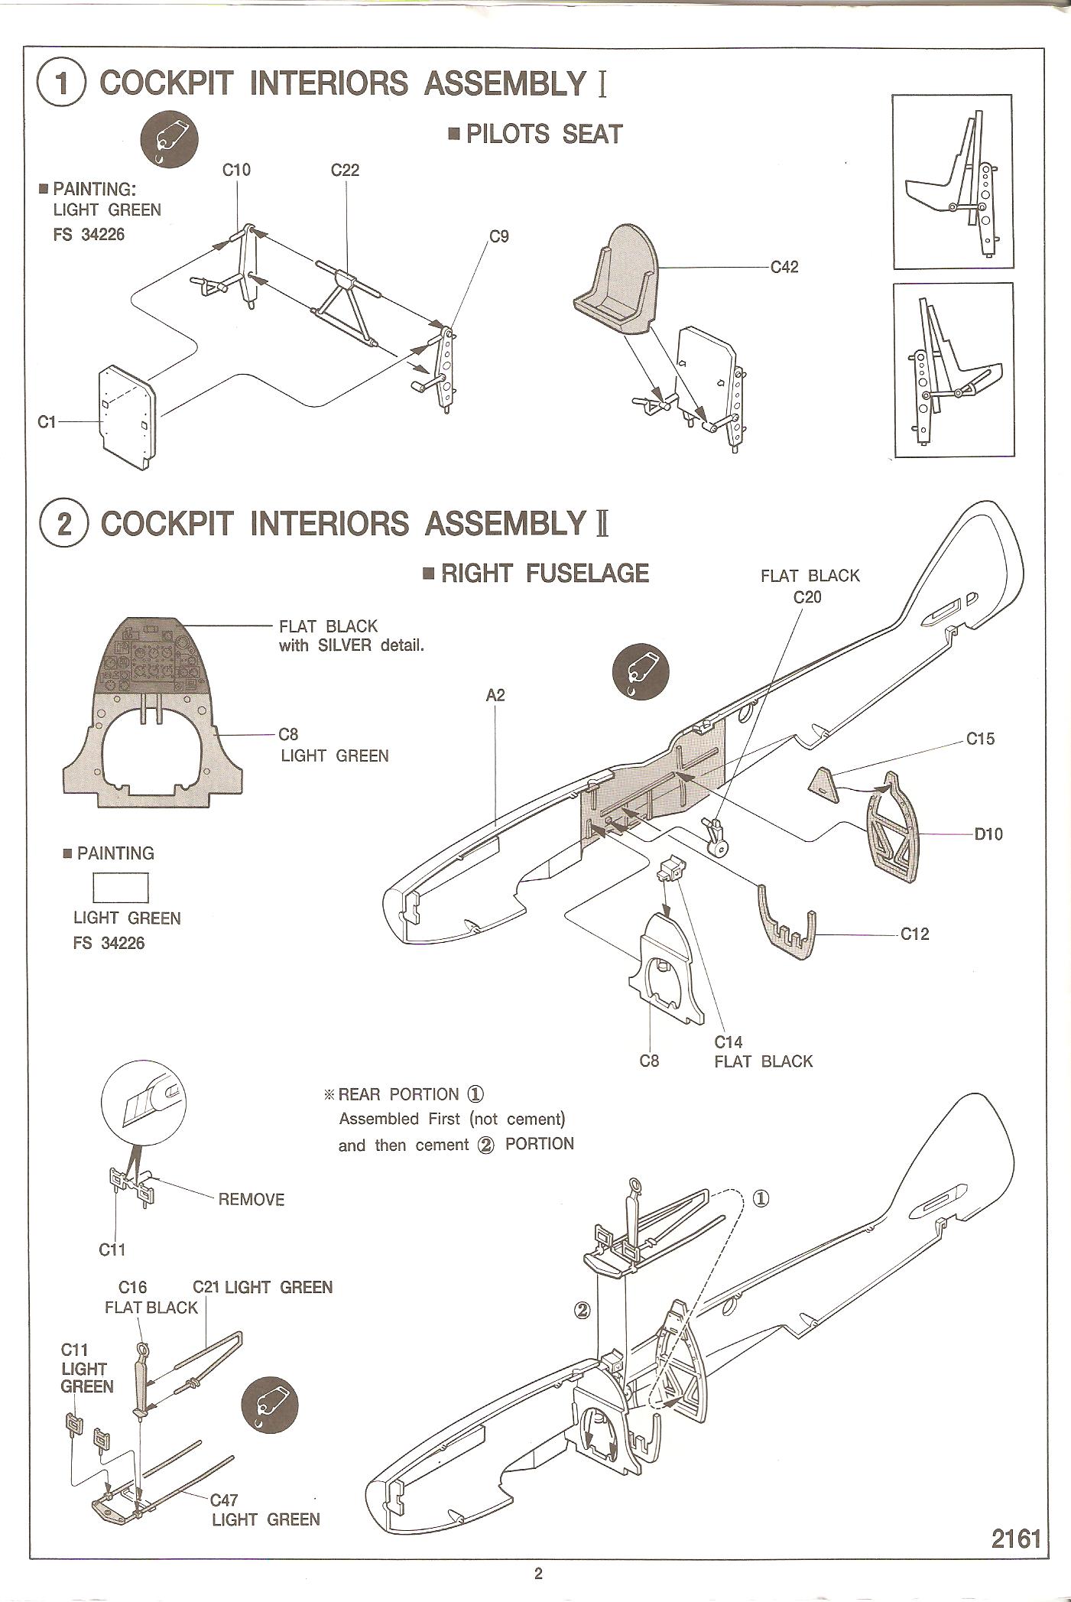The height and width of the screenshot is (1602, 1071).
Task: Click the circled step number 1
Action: click(x=61, y=84)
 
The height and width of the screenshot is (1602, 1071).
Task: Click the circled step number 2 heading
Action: click(x=63, y=525)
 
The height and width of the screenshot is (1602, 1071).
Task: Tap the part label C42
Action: click(x=784, y=267)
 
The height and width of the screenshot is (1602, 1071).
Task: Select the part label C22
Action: click(x=345, y=170)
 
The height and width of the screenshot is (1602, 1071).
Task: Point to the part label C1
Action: click(x=47, y=421)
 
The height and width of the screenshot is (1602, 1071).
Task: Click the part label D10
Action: click(x=988, y=833)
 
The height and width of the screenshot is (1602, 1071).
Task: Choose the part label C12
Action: click(x=914, y=934)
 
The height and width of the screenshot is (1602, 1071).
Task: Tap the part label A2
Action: click(x=495, y=695)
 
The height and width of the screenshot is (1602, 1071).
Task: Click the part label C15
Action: click(x=980, y=739)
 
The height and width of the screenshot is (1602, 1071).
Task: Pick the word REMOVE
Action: click(x=251, y=1199)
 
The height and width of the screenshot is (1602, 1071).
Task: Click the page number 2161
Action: click(x=1016, y=1539)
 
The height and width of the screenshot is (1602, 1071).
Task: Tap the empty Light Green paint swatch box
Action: click(x=120, y=889)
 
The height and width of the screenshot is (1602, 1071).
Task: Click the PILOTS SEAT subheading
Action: click(x=544, y=135)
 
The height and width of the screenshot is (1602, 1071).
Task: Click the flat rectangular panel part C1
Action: click(x=128, y=416)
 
